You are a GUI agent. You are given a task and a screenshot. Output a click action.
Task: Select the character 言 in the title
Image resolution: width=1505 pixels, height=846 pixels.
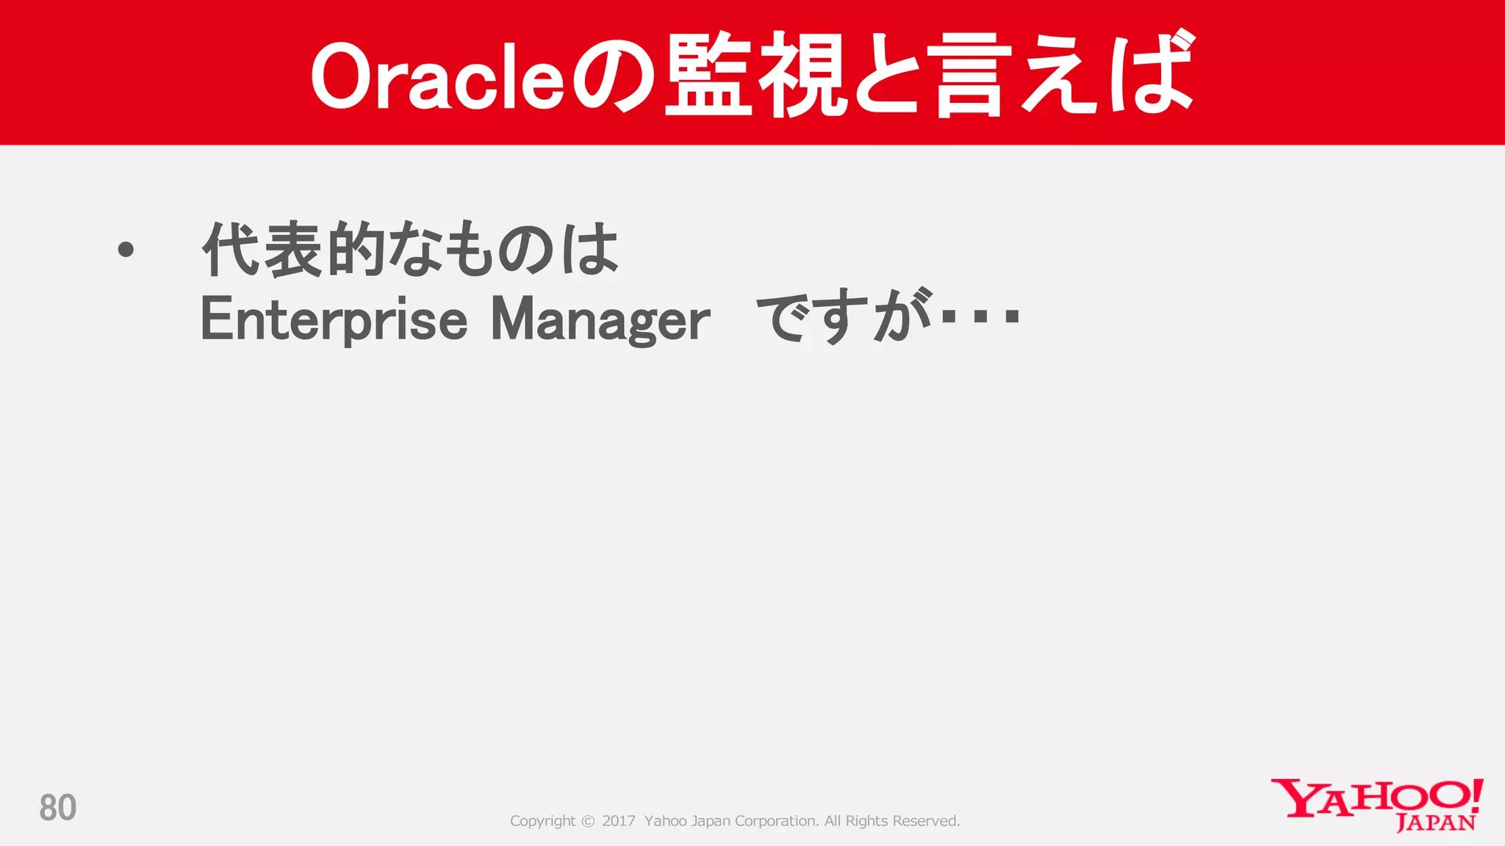pos(969,76)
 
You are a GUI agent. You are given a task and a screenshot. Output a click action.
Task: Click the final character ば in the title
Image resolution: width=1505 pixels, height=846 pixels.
pos(1151,73)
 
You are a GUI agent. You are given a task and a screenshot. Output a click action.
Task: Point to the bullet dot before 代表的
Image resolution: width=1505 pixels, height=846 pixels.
pos(126,250)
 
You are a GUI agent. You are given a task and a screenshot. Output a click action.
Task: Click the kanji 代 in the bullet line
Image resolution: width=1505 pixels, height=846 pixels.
pos(231,250)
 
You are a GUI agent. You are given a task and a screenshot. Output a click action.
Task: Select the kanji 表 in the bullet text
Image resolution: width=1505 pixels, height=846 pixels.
pos(293,250)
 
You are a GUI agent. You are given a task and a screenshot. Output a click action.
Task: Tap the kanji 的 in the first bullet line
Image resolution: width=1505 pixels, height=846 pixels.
pos(356,250)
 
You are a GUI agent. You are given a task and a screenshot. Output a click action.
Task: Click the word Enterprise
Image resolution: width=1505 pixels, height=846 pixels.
pos(334,319)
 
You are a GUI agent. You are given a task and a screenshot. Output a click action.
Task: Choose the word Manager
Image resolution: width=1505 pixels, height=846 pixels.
pos(600,319)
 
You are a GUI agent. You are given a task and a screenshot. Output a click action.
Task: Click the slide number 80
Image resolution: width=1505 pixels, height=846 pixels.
pos(57,808)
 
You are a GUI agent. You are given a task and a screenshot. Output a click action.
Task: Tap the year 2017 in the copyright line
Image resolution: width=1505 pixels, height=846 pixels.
pos(618,821)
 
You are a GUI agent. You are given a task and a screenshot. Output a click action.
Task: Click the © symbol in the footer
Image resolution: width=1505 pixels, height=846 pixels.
pos(588,821)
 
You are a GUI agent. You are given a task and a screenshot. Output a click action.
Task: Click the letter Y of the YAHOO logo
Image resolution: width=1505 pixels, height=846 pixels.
pos(1295,798)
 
